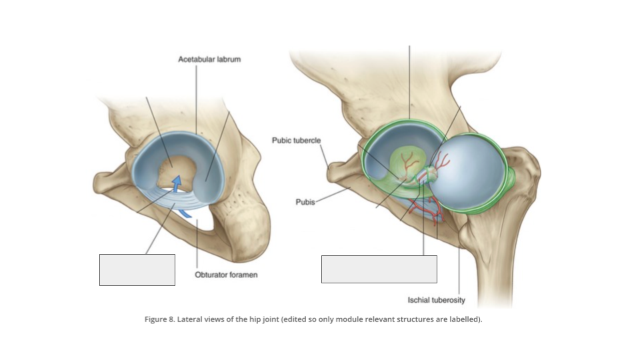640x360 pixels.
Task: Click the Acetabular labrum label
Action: tap(209, 59)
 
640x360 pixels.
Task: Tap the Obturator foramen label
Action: tap(226, 275)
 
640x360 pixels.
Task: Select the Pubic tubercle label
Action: tap(296, 141)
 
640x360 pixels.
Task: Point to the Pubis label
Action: tap(305, 202)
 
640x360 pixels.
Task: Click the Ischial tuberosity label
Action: tap(436, 300)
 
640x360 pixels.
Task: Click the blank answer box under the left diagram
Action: tap(137, 270)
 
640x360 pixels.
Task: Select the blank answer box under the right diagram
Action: tap(379, 269)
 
